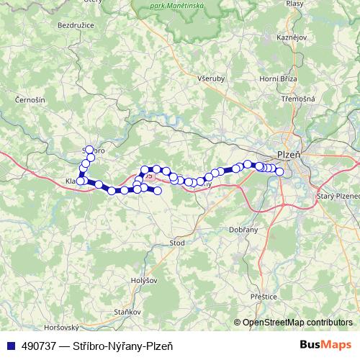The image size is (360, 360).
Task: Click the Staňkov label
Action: (127, 312)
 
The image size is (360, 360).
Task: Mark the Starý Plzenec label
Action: (338, 195)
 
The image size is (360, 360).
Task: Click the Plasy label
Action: (295, 4)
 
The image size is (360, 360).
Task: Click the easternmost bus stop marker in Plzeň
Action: (279, 171)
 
